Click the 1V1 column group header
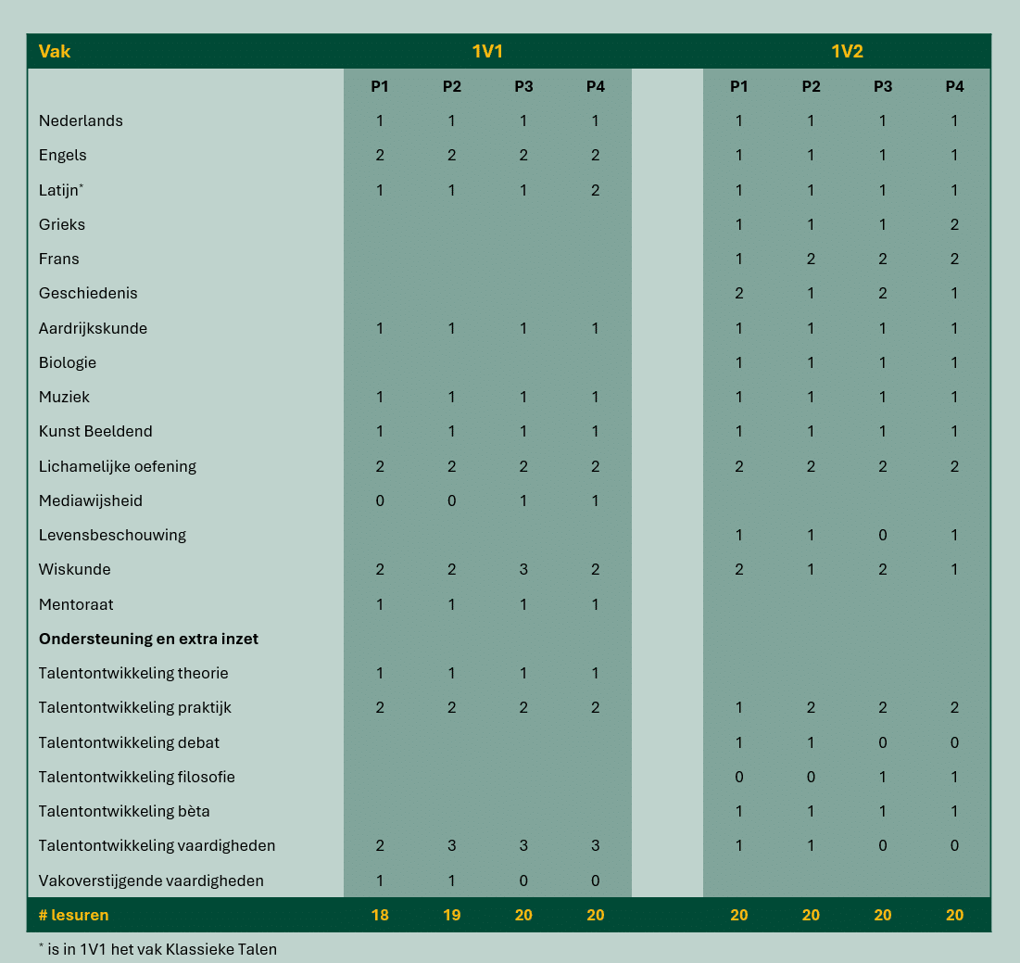pos(487,52)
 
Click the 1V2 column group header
pos(847,52)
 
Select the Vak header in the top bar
pos(55,52)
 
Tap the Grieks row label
pos(62,224)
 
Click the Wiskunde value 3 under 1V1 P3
pos(523,569)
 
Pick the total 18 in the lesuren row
pos(380,915)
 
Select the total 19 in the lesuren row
pos(451,915)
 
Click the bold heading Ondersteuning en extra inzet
pos(148,639)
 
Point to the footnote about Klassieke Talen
pos(157,948)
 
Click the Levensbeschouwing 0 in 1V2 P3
pos(883,535)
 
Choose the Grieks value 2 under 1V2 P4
pos(954,224)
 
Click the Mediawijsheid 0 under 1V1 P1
pos(380,501)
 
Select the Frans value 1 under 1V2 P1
pos(738,259)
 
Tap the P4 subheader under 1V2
pos(954,86)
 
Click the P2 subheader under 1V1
pos(451,86)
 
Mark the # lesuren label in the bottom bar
pos(73,915)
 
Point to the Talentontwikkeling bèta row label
pos(124,811)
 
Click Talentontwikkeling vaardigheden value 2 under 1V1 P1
pos(380,845)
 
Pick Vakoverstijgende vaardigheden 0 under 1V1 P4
pos(595,881)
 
